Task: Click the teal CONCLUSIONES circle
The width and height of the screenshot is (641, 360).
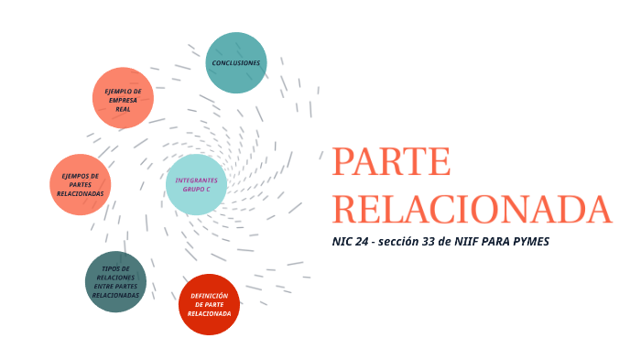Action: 236,62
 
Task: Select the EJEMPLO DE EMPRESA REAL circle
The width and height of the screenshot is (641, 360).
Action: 123,98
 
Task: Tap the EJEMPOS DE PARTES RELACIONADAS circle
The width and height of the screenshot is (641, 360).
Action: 81,184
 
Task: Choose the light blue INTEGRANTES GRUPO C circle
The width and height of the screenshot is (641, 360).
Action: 196,184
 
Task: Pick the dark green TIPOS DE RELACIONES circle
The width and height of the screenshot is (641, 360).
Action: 115,281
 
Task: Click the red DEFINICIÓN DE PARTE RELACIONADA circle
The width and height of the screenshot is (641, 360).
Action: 209,304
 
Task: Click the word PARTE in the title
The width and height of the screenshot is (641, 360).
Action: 391,162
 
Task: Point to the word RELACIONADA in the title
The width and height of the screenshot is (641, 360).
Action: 471,209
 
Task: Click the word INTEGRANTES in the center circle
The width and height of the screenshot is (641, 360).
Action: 196,180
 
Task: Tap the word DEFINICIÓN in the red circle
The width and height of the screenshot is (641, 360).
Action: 209,295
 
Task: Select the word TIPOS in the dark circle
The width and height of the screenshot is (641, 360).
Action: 115,268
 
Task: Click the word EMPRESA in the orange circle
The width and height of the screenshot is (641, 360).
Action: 123,100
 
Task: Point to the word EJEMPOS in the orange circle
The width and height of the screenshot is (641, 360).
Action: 81,175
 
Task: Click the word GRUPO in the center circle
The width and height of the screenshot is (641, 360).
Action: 191,189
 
